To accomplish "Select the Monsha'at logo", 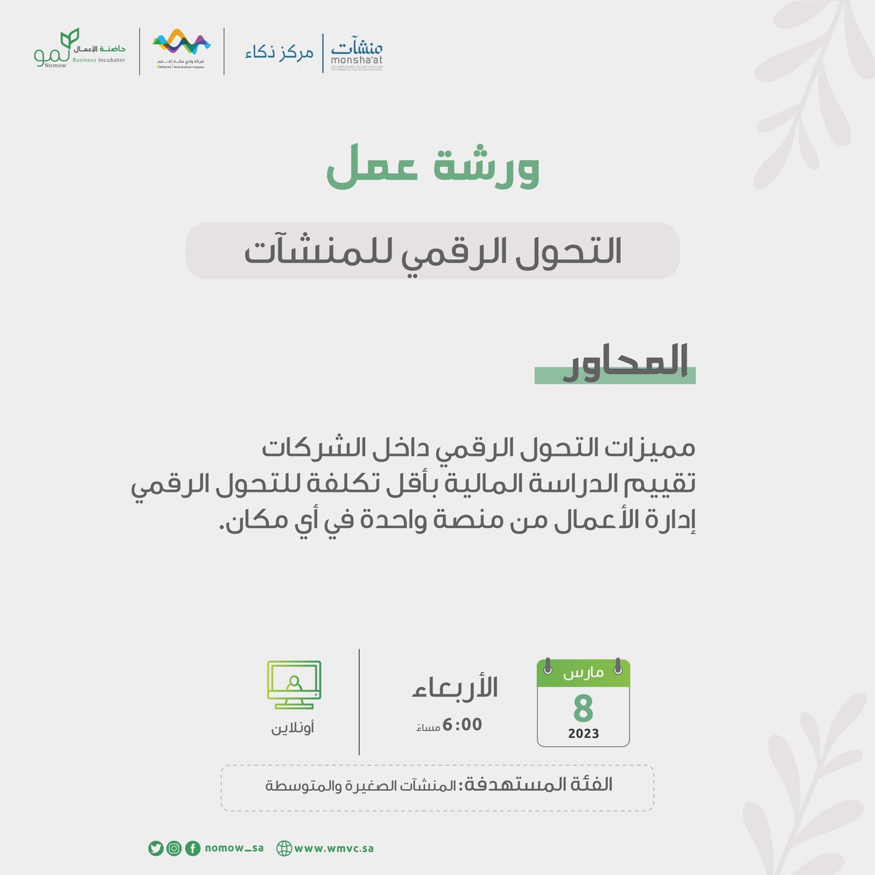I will [x=357, y=52].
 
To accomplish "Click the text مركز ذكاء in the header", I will [x=279, y=53].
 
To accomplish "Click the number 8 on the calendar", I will [x=583, y=708].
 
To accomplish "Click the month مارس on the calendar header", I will [x=583, y=672].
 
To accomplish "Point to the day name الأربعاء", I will [x=456, y=688].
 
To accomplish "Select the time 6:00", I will [x=462, y=725].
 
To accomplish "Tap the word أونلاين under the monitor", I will [x=293, y=728].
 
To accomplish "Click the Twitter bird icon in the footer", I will [x=155, y=848].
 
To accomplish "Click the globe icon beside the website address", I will [x=284, y=849].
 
